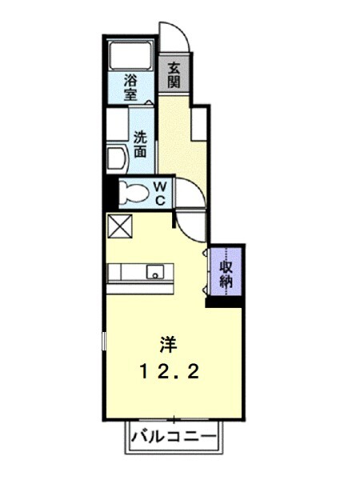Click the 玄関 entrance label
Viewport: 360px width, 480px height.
(x=174, y=74)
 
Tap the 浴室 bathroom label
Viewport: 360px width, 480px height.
(x=130, y=88)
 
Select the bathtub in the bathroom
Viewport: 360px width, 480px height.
(x=130, y=55)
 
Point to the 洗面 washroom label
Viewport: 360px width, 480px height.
(x=140, y=144)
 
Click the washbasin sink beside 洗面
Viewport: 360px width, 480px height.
(x=116, y=159)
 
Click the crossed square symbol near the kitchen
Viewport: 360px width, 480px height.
(x=120, y=226)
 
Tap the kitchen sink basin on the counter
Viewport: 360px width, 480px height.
(x=155, y=271)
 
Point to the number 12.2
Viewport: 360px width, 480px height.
(x=170, y=372)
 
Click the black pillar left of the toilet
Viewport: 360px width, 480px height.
(x=111, y=192)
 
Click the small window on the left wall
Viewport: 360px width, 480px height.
(x=104, y=341)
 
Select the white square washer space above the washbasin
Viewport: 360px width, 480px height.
(x=118, y=124)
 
